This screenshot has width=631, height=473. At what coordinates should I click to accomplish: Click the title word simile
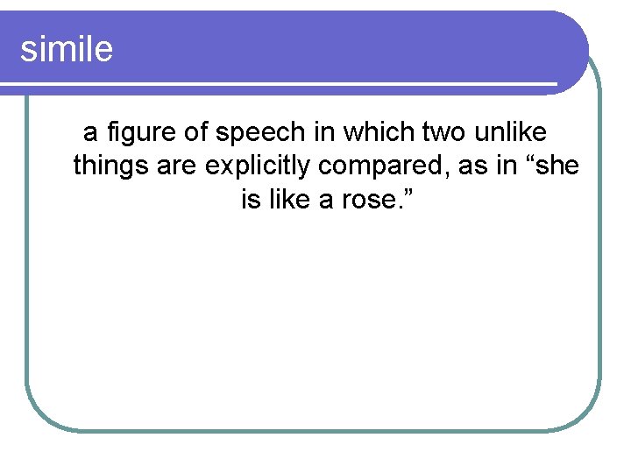point(67,49)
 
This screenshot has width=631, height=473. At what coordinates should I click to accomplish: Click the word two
point(445,132)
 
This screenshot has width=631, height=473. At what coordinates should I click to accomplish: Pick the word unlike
point(511,132)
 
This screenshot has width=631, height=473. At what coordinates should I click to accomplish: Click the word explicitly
point(257,166)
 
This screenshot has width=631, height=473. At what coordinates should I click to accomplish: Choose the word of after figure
point(197,133)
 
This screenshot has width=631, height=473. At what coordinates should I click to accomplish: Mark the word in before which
point(329,132)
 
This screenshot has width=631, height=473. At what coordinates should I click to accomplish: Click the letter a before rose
point(326,201)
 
